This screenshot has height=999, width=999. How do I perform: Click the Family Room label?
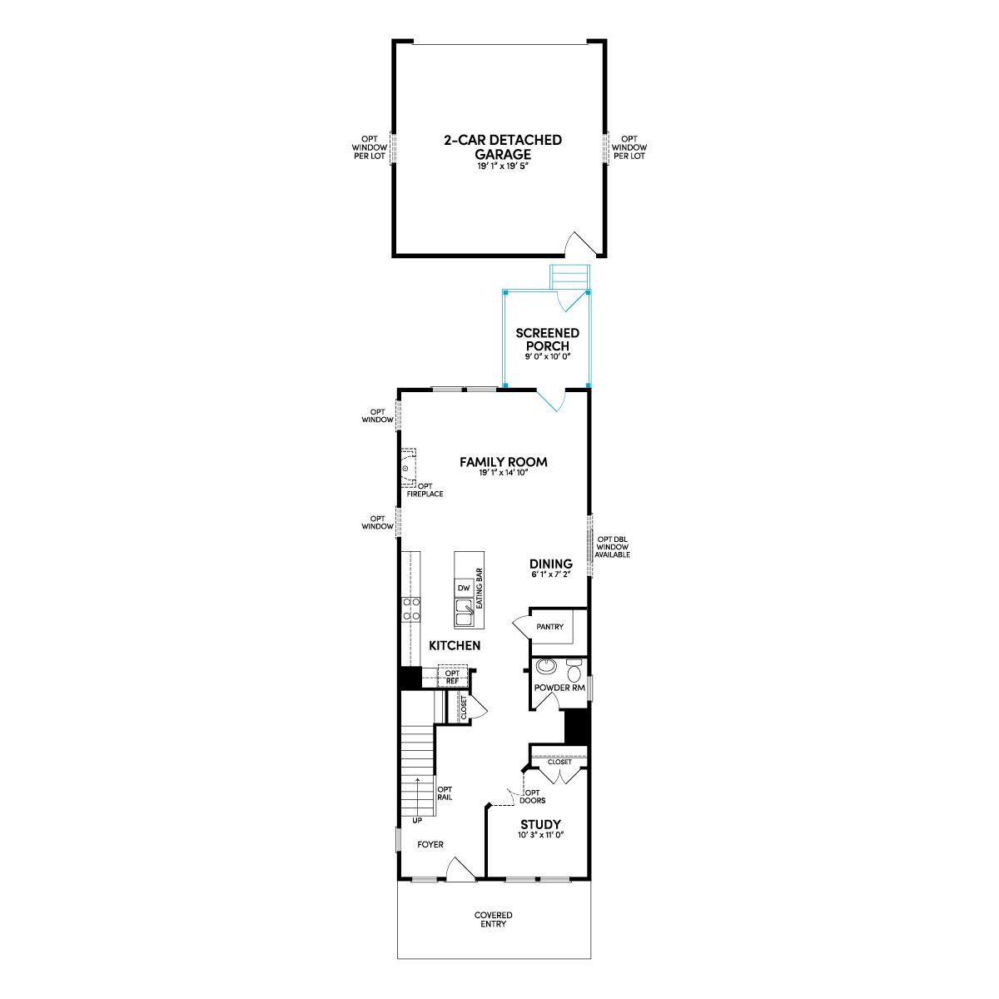(503, 462)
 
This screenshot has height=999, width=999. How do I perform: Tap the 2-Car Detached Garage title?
(502, 147)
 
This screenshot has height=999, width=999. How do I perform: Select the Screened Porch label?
(547, 339)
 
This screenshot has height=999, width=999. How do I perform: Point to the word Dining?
(550, 564)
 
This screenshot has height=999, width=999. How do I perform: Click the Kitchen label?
(455, 645)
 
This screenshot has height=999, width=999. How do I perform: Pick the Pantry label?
(549, 627)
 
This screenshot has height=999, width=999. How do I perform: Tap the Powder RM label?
(559, 688)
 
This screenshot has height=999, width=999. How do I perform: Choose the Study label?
(540, 824)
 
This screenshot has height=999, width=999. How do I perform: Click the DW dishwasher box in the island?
(464, 588)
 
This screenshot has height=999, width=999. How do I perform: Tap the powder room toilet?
(574, 671)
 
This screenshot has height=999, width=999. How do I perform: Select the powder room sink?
(544, 665)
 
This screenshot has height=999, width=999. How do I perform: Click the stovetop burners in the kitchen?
(411, 609)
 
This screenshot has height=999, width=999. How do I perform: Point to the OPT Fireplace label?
(425, 490)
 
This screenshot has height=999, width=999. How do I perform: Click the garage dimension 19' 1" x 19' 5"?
(502, 166)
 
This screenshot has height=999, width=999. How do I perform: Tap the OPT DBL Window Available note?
(612, 547)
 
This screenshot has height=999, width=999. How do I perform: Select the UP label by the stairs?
(417, 821)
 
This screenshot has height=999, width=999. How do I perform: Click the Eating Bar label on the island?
(479, 589)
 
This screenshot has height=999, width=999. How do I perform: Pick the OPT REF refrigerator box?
(453, 677)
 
